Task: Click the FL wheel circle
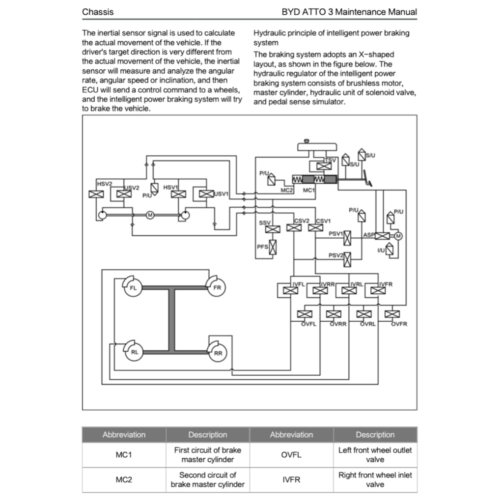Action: (x=133, y=288)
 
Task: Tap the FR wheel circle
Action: (x=217, y=288)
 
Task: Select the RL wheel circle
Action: (x=135, y=352)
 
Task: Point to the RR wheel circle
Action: (x=218, y=353)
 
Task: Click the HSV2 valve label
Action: (x=104, y=184)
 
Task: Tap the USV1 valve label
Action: (x=222, y=194)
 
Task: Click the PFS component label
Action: (x=262, y=247)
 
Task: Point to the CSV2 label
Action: (x=302, y=221)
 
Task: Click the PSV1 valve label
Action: (x=335, y=234)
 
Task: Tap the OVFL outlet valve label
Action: (x=309, y=324)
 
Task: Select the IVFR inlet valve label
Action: (x=386, y=284)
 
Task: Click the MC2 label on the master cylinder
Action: (x=287, y=190)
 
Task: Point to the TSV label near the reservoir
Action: (x=332, y=160)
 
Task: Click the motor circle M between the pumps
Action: (x=150, y=215)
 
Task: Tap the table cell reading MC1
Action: (x=124, y=455)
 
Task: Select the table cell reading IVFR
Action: (x=291, y=480)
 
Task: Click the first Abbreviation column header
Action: (x=124, y=435)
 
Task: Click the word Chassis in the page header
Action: (x=98, y=12)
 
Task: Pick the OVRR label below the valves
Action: (x=338, y=324)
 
